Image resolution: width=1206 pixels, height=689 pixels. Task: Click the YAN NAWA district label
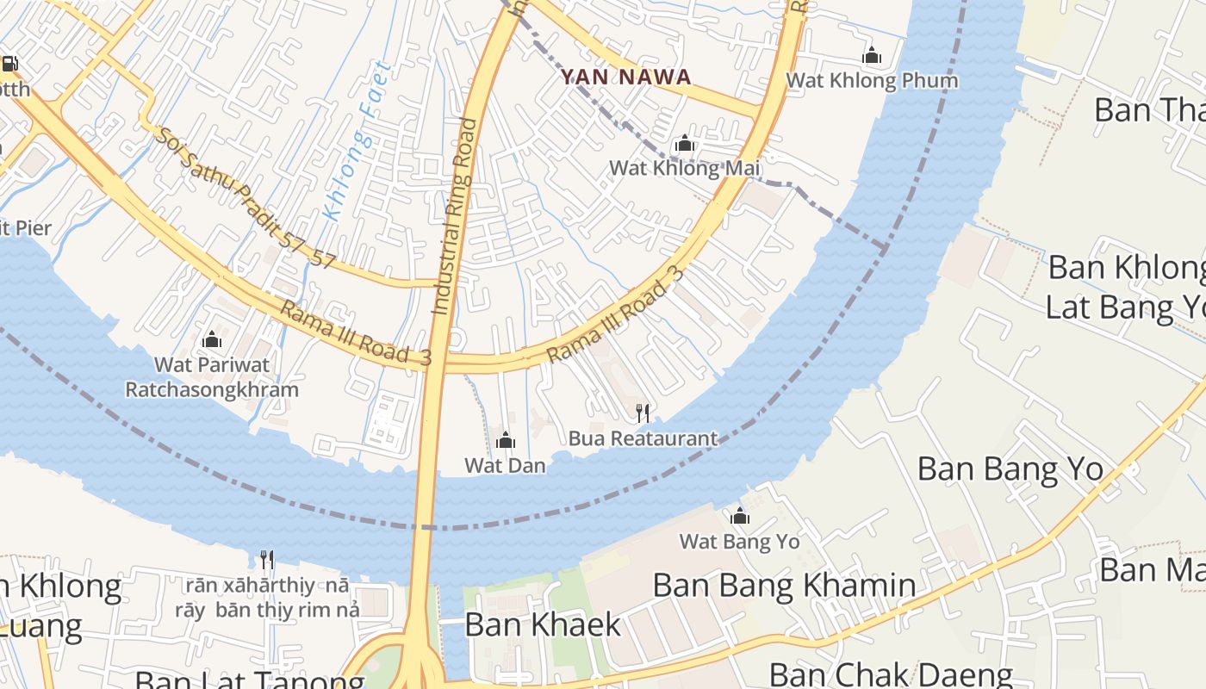point(625,78)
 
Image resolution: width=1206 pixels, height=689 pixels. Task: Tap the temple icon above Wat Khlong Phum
point(872,56)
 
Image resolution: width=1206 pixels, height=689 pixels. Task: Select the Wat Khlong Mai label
point(685,168)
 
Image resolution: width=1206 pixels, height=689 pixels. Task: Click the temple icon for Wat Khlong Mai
point(685,143)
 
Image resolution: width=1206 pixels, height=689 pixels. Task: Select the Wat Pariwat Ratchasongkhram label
point(212,377)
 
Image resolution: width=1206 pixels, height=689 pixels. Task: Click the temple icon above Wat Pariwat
point(212,340)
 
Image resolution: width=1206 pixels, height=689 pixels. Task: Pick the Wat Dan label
point(505,466)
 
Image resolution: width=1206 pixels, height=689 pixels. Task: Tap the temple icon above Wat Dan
point(506,441)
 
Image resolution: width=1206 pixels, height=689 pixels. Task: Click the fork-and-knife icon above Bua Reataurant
point(642,413)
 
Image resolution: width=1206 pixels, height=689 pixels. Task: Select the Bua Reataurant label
point(643,438)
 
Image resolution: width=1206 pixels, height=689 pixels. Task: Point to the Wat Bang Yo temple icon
point(740,517)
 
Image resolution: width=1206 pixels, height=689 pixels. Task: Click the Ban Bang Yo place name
point(1010,469)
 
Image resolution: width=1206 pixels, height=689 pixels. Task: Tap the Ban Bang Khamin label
point(784,586)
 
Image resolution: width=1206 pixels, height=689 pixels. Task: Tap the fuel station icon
point(9,63)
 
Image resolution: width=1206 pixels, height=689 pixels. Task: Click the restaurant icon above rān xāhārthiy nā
point(267,561)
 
